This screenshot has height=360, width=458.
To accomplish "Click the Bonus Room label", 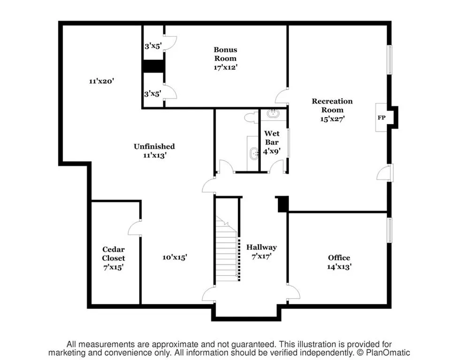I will point(225,54).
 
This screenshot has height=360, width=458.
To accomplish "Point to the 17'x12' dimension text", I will point(225,67).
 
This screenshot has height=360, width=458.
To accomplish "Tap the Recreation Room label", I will point(332,105).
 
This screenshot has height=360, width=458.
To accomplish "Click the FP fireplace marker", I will point(382,118).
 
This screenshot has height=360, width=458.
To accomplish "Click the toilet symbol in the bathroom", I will point(252,117).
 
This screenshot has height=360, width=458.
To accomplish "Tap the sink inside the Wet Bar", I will point(273,113).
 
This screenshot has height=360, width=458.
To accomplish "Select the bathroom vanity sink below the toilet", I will point(253,153).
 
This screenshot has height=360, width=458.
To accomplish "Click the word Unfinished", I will point(154,146).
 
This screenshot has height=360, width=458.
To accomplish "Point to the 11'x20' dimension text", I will point(102,81).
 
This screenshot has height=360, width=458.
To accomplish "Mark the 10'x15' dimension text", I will point(175,257).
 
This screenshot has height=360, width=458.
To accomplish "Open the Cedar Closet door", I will point(135,228).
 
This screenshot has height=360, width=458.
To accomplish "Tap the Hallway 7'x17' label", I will point(261,251).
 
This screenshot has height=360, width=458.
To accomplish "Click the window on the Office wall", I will point(389,230).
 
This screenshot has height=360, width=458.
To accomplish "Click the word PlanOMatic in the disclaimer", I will point(384,352).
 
